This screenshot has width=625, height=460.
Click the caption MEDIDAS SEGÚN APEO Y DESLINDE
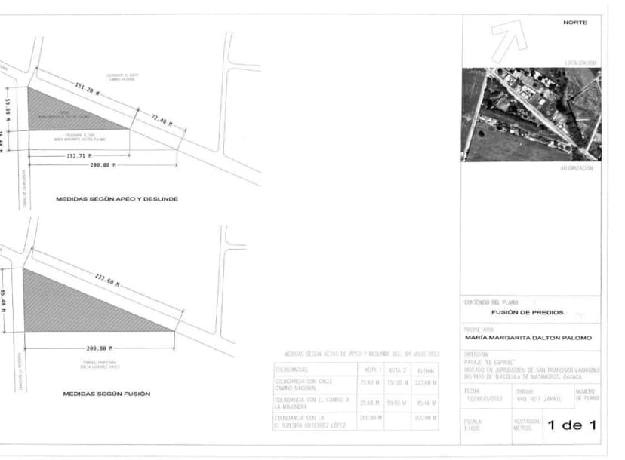tap(117, 199)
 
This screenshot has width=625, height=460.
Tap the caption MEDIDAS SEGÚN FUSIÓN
tap(106, 394)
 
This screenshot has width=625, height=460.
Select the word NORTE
tap(575, 23)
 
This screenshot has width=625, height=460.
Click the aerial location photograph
tap(531, 114)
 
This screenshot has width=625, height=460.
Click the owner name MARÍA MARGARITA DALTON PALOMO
tap(528, 338)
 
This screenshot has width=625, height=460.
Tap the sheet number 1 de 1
tap(571, 425)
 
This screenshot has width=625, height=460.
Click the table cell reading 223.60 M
tap(425, 383)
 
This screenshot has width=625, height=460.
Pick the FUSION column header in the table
tap(425, 370)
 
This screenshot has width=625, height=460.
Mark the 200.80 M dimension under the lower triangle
tap(100, 348)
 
